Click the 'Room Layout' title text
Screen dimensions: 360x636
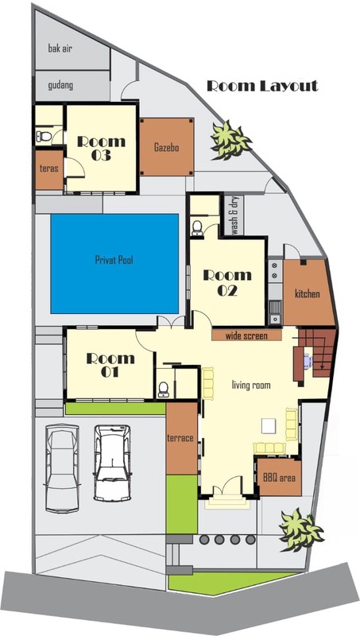[x=262, y=86]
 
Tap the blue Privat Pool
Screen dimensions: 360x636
[x=114, y=264]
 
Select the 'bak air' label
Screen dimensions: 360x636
[x=60, y=49]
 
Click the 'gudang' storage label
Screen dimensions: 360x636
[x=60, y=86]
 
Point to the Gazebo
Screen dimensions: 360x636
[x=167, y=147]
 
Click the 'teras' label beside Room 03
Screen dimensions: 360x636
[x=48, y=169]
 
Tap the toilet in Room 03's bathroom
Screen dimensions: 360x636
[x=44, y=136]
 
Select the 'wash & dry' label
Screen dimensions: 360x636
[x=234, y=215]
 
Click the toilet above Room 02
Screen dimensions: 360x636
[x=197, y=228]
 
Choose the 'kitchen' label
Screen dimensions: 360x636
[x=308, y=293]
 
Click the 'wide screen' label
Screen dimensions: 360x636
[x=246, y=335]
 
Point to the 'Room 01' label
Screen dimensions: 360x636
[x=110, y=365]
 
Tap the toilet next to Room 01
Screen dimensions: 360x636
[x=164, y=389]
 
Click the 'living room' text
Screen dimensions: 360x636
[x=251, y=385]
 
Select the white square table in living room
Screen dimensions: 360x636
[x=269, y=425]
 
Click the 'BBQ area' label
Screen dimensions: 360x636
[x=279, y=478]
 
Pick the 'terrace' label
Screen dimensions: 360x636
[x=180, y=438]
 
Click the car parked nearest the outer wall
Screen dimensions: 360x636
[x=62, y=467]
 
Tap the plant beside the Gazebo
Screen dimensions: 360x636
[x=230, y=140]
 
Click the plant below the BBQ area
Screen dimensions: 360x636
[x=301, y=529]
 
